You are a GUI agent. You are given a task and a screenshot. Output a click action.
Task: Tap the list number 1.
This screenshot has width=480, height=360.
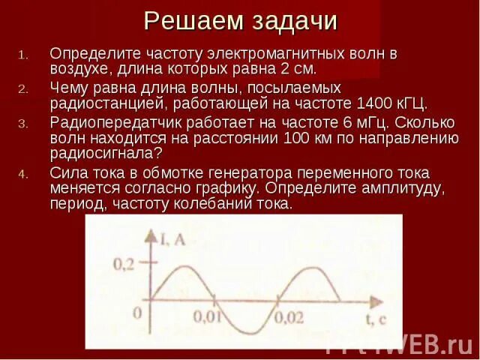point(22,55)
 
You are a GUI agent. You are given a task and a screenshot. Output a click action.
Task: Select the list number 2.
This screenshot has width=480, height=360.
point(23,88)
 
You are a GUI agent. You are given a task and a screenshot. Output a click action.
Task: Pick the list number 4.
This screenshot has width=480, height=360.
point(23,174)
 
